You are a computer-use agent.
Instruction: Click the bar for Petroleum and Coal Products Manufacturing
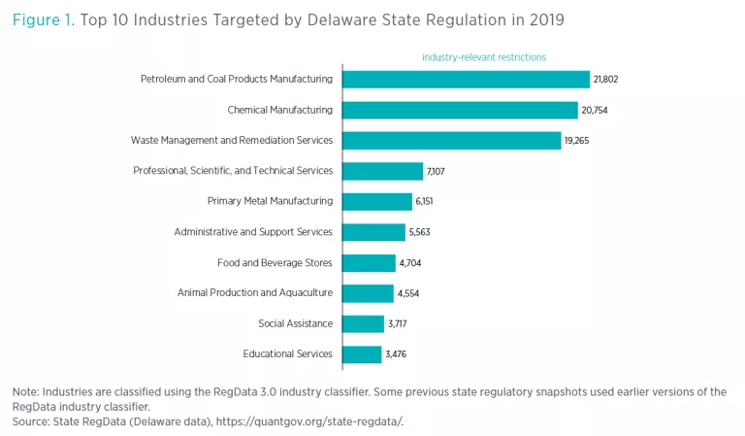466,79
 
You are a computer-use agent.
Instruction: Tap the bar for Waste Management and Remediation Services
451,141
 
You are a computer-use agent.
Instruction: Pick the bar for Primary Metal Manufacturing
377,201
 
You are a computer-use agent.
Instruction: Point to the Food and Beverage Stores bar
369,262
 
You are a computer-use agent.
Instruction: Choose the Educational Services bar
362,353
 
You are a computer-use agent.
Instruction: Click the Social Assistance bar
364,323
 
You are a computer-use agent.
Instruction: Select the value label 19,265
577,141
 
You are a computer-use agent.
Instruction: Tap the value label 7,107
438,172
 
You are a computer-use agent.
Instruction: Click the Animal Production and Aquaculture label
254,292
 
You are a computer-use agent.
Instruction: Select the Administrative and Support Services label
252,232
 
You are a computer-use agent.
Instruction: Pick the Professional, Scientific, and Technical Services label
232,171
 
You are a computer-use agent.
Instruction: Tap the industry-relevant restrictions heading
483,57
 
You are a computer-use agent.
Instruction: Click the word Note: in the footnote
25,391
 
